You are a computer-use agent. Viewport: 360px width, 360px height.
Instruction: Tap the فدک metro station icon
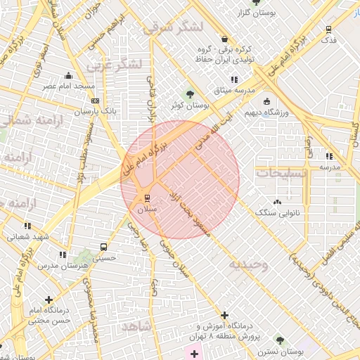coord(328,30)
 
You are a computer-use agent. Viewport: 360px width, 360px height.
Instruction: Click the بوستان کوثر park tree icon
coord(189,94)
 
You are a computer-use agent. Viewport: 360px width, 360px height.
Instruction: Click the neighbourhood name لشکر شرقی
coord(172,27)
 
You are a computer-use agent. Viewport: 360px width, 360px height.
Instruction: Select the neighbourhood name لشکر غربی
coord(115,66)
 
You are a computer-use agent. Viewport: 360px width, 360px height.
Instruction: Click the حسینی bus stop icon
coord(104,247)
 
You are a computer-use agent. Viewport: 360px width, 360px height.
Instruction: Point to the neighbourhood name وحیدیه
coord(247,264)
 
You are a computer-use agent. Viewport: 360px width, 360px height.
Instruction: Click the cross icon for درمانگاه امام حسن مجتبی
coord(48,300)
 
